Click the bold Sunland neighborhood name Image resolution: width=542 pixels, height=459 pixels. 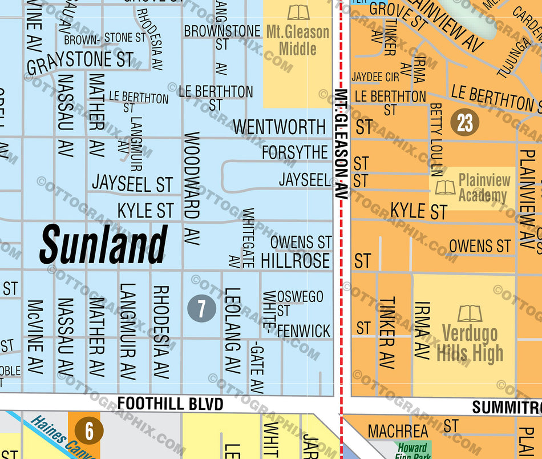tap(103, 244)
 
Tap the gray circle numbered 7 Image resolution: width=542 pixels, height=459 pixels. tap(201, 309)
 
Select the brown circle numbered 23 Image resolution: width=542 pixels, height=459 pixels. tap(465, 122)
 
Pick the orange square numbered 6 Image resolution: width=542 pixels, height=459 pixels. tap(89, 431)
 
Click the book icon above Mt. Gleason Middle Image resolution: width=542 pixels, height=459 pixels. tap(298, 12)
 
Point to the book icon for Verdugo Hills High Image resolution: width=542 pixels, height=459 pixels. tap(470, 313)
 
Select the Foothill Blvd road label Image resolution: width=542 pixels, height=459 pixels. tap(170, 404)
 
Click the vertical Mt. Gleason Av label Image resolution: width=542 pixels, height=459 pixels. tap(341, 143)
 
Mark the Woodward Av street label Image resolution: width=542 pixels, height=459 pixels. tap(192, 176)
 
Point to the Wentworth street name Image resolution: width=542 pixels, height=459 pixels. tap(279, 126)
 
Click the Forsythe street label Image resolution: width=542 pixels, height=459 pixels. tap(294, 152)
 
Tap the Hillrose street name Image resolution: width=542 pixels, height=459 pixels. tap(295, 261)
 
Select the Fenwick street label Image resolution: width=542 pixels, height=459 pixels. tap(304, 331)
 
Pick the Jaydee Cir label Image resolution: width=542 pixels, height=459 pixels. tap(375, 76)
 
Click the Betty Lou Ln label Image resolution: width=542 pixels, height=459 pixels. tap(436, 139)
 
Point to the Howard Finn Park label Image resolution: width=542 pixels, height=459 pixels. tap(412, 452)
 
